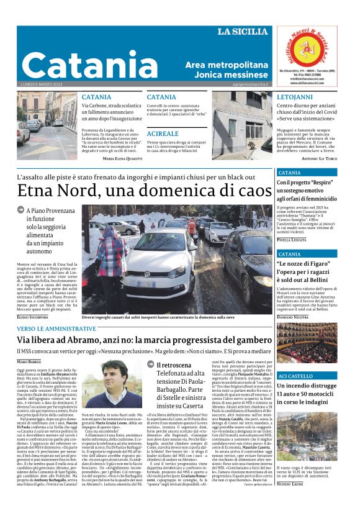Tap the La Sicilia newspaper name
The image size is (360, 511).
pos(243,31)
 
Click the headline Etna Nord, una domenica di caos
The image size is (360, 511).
pos(145,191)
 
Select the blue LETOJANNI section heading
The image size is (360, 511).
pos(295,97)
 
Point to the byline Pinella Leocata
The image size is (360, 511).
pos(292,239)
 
